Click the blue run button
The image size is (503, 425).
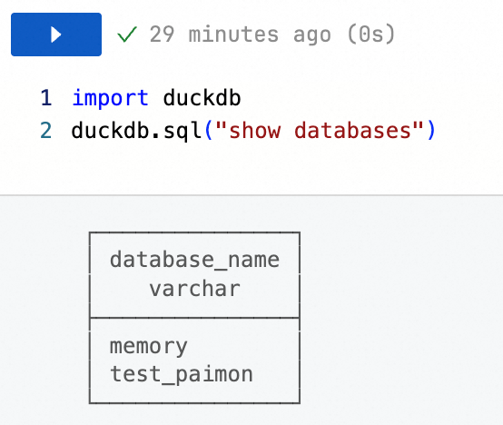coord(56,35)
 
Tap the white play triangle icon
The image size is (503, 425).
coord(56,35)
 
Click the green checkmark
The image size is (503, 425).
coord(127,34)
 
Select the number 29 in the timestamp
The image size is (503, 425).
coord(162,34)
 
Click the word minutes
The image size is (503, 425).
coord(233,34)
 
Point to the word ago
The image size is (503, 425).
coord(311,35)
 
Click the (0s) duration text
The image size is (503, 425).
coord(370,34)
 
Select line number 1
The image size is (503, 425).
coord(46,98)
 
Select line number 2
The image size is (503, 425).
coord(46,131)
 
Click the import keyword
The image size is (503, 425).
coord(110,99)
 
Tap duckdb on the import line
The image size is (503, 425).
coord(202,97)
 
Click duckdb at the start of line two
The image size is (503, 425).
coord(110,130)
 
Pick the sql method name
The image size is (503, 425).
coord(182,132)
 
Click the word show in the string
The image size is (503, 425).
coord(255,130)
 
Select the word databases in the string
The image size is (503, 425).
coord(352,130)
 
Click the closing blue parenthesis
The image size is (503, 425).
coord(431,131)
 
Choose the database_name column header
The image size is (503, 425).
coord(194,260)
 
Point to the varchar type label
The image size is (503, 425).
coord(194,289)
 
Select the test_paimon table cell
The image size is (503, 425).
coord(182,375)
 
